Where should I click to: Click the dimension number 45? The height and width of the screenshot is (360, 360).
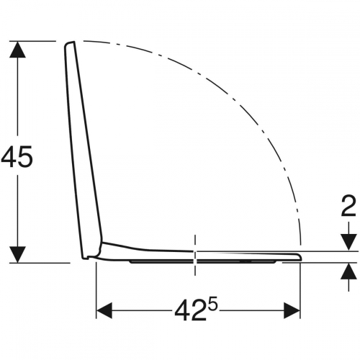tap(17, 157)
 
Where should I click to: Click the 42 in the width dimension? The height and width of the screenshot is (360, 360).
tap(191, 311)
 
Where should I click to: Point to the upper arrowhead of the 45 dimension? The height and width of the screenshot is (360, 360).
tap(17, 50)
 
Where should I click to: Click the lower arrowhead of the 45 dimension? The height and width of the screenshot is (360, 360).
tap(17, 254)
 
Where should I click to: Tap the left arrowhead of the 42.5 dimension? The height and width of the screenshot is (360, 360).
tap(104, 310)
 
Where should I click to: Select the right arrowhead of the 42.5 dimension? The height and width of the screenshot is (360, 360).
tap(292, 310)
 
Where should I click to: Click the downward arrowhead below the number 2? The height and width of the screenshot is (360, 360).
tap(348, 243)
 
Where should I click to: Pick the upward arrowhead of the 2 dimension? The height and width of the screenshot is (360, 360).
tap(348, 271)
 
